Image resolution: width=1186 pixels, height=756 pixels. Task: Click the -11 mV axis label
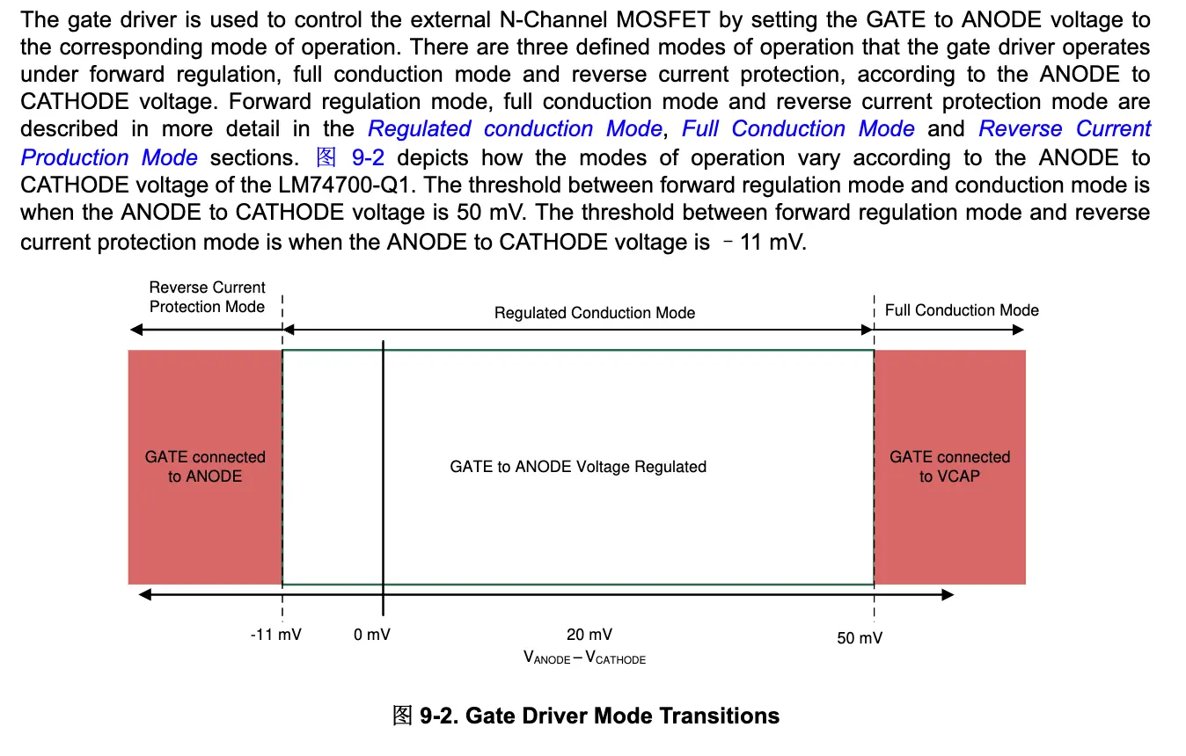(276, 635)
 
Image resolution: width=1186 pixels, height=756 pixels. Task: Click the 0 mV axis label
(371, 635)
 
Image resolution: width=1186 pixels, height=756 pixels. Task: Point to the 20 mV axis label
(589, 635)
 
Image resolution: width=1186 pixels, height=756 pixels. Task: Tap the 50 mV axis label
(860, 638)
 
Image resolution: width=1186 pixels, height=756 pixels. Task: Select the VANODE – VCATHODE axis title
(584, 658)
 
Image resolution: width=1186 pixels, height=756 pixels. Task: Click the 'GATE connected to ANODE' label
(205, 467)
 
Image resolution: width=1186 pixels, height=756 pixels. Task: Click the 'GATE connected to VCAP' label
(950, 467)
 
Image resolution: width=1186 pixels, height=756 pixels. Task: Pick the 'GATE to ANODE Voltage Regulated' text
(578, 467)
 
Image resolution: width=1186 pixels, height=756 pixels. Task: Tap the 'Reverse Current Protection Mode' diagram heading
(207, 297)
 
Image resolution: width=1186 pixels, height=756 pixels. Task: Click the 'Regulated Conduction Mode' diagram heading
(595, 313)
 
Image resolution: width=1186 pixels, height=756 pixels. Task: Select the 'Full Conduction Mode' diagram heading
(962, 310)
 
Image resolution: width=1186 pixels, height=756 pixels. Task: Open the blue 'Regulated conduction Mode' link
(516, 128)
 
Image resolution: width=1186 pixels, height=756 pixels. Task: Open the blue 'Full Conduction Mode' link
(798, 128)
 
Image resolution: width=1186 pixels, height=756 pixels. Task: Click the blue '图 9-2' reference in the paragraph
(350, 157)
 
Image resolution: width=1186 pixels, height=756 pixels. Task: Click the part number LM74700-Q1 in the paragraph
(344, 185)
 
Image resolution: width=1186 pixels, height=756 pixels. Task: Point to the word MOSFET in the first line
(663, 20)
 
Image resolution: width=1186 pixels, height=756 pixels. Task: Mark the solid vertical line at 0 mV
(383, 478)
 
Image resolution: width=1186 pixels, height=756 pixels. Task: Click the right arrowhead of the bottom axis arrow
(948, 594)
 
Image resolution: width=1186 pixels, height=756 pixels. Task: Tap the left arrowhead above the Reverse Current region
(136, 330)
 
